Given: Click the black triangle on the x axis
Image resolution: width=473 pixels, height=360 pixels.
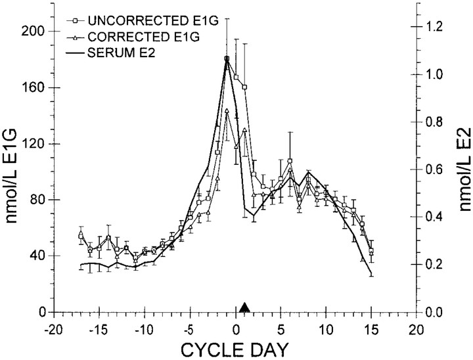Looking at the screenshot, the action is coord(244,307).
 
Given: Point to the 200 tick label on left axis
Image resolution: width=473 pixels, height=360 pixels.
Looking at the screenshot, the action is coord(32,31).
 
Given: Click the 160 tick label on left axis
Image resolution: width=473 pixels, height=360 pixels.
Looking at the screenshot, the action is coord(32,87).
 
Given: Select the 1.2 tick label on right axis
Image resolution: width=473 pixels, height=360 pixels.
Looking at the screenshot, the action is coord(435,27).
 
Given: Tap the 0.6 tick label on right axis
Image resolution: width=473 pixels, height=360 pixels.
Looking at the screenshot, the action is coord(435,169).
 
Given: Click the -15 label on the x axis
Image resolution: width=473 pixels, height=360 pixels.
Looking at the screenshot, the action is coord(97,330).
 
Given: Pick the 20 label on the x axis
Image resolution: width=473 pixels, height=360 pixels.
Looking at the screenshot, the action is coord(417,330).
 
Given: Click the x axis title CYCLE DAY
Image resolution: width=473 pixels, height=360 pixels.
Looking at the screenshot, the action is coord(235,350).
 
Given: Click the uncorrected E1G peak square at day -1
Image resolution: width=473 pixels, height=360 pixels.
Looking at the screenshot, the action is coord(227,58).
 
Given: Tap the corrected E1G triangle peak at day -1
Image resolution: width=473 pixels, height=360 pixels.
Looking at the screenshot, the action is coord(227,110).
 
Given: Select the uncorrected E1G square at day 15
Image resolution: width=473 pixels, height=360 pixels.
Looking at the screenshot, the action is coord(371,250).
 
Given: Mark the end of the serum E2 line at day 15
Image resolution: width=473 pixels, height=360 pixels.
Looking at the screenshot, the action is coord(371,274).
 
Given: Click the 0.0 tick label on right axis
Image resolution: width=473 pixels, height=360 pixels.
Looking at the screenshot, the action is coord(435,312).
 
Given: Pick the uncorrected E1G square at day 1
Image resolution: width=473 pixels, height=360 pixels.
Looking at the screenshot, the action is coord(244,87).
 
